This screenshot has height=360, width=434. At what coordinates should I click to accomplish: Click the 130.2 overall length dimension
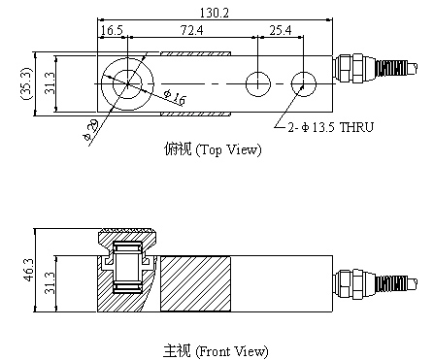215,13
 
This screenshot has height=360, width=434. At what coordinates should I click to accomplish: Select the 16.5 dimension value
112,30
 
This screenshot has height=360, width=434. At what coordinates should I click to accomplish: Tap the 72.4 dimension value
191,30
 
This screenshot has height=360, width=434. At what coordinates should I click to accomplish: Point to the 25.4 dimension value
281,30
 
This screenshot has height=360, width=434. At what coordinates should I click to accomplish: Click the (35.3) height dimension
25,83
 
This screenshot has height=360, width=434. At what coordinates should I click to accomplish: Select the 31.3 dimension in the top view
50,83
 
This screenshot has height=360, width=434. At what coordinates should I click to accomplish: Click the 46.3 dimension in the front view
28,270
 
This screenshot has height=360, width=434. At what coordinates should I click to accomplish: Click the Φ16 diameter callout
175,97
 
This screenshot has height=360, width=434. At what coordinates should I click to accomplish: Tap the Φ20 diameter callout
90,130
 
